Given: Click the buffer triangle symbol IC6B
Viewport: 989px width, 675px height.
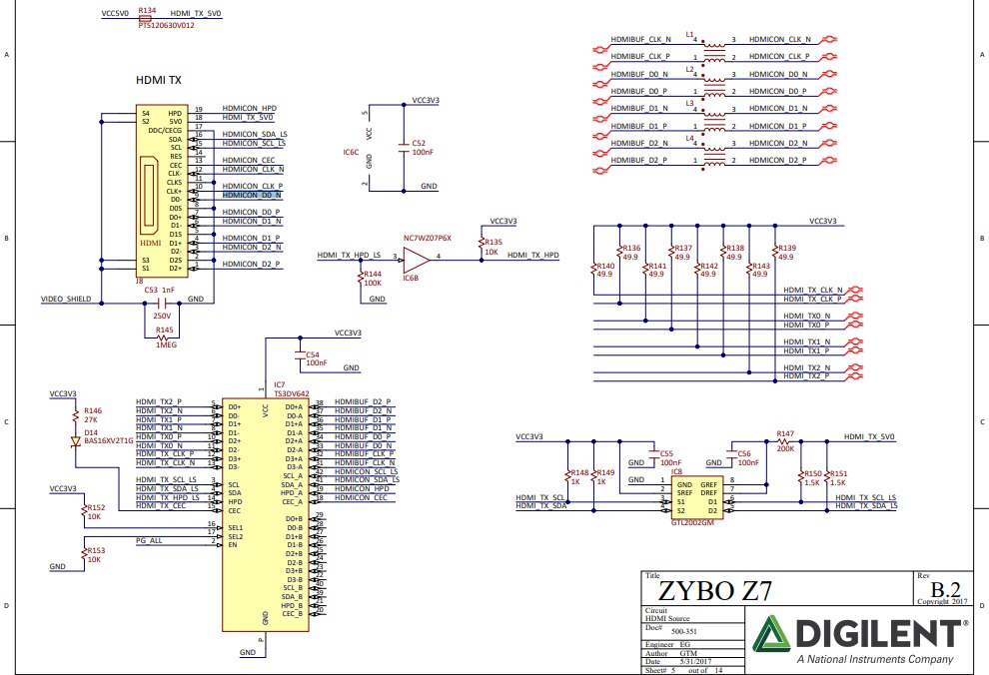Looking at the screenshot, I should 419,259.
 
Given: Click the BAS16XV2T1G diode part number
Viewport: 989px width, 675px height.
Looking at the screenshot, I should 109,440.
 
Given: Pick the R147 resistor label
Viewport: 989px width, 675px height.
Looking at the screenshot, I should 784,434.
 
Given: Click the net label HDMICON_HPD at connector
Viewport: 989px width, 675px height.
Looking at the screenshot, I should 250,108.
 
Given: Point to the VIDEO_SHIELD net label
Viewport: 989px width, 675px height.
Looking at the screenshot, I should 67,299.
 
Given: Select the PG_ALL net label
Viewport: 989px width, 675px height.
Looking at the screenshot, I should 150,540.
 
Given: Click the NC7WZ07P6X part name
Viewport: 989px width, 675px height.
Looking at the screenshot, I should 428,239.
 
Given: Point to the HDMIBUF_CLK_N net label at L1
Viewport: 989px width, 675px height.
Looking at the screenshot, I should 640,39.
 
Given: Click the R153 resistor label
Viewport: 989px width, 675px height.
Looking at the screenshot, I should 95,550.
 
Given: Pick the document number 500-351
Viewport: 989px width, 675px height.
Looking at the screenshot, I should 683,631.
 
